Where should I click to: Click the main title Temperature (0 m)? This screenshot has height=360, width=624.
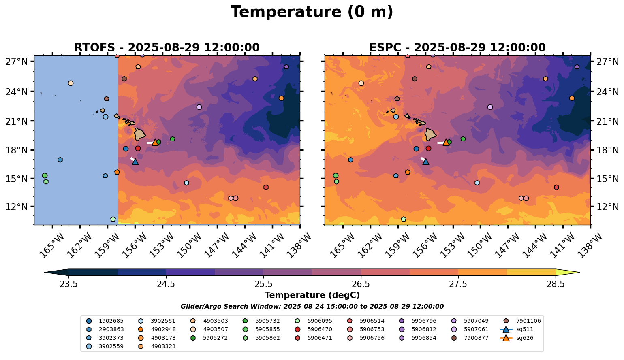click(x=312, y=12)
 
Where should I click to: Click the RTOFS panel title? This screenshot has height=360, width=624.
click(x=167, y=48)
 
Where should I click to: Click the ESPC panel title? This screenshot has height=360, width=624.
click(x=457, y=48)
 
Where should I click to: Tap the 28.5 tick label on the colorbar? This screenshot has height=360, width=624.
click(x=556, y=284)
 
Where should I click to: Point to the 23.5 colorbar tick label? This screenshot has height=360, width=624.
click(x=68, y=284)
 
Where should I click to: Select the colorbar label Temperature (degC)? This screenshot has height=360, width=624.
click(x=312, y=295)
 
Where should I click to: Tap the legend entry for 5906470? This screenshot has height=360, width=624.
click(x=320, y=329)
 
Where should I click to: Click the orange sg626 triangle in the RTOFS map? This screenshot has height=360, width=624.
click(x=155, y=142)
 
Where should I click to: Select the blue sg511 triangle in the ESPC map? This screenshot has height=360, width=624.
click(x=425, y=162)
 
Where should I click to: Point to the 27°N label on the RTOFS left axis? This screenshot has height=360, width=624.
click(x=17, y=62)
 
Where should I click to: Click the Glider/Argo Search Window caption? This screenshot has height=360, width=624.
click(x=312, y=307)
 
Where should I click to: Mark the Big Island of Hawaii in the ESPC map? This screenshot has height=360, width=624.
click(x=430, y=134)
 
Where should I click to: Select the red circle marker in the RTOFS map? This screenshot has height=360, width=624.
click(x=138, y=149)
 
